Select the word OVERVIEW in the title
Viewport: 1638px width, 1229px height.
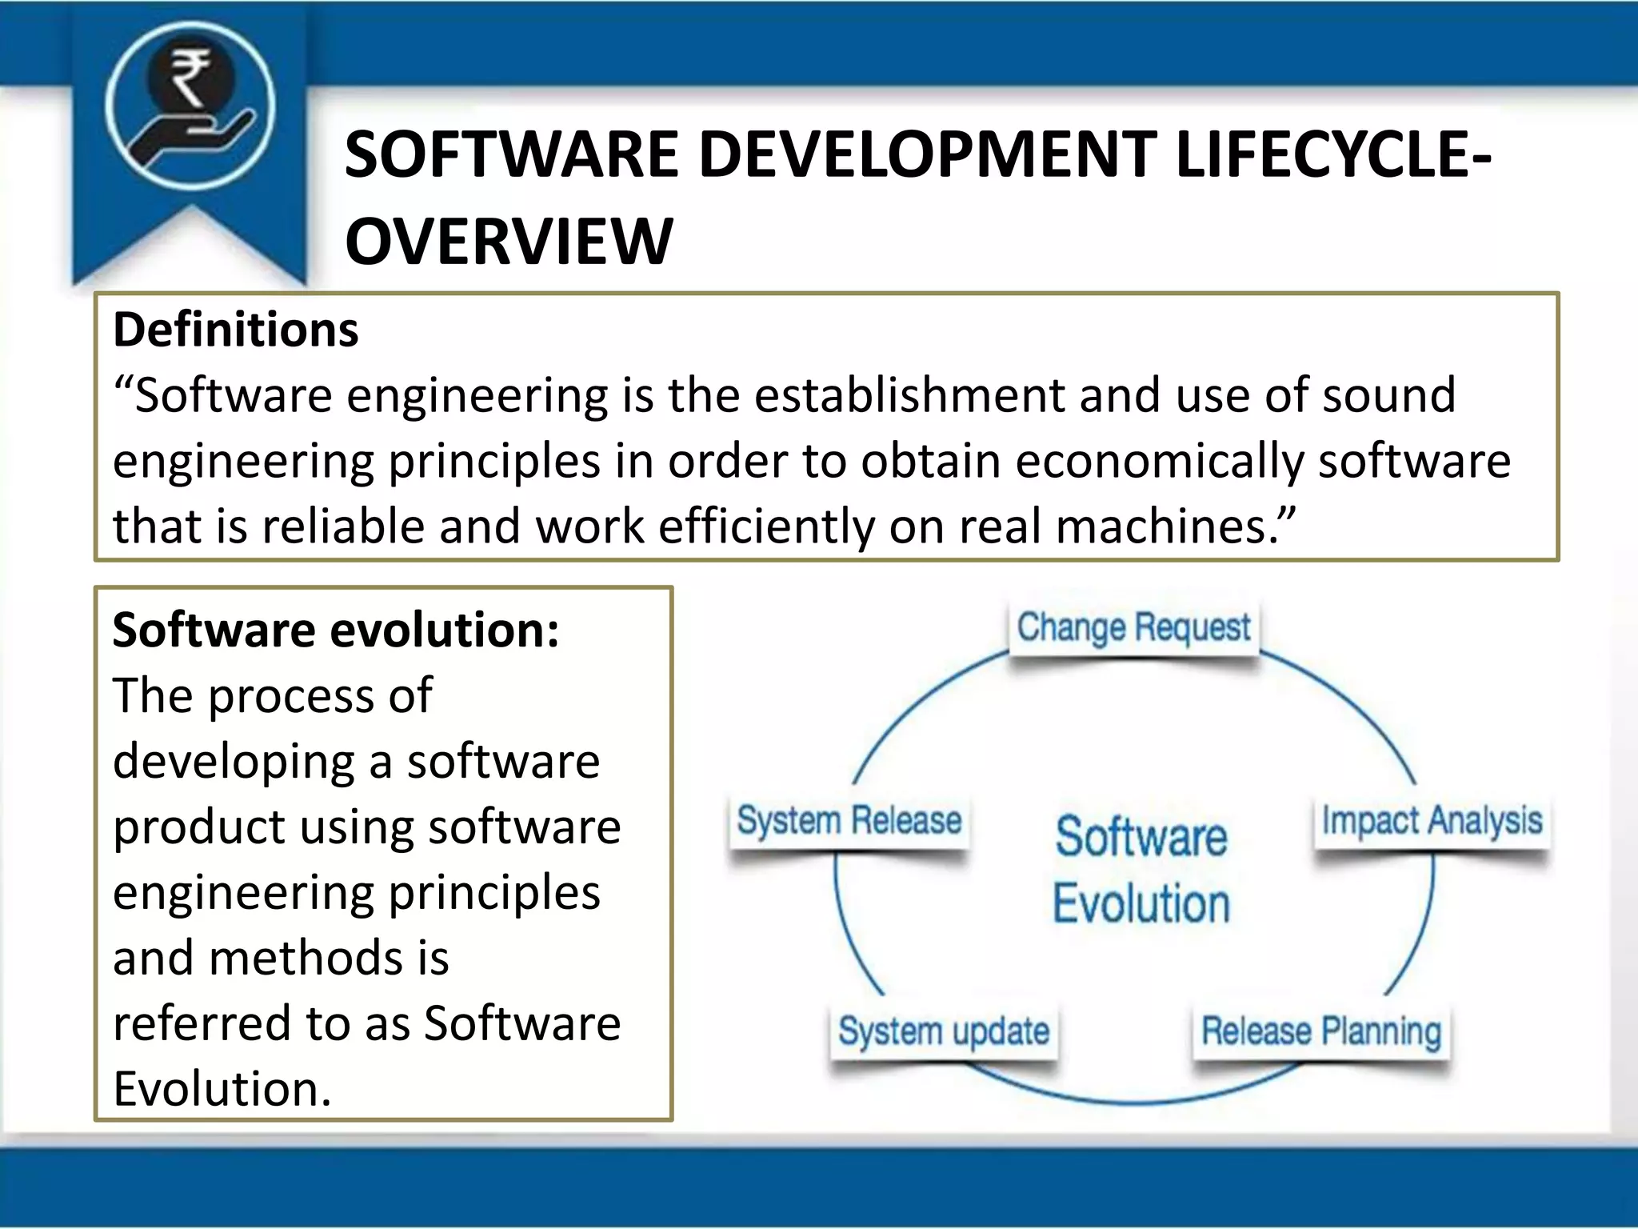pyautogui.click(x=509, y=241)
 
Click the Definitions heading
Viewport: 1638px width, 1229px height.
pyautogui.click(x=236, y=330)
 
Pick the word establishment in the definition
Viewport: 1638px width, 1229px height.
pyautogui.click(x=909, y=395)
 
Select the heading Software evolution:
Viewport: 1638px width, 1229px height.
pyautogui.click(x=336, y=630)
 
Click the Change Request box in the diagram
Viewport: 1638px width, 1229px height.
pyautogui.click(x=1133, y=629)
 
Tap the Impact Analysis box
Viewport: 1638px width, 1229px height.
pyautogui.click(x=1432, y=822)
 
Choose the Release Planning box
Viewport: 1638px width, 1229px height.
pyautogui.click(x=1321, y=1031)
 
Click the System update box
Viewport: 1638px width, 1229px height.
pyautogui.click(x=944, y=1031)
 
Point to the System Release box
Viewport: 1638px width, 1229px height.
pyautogui.click(x=849, y=822)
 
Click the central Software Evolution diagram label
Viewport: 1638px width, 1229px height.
pyautogui.click(x=1141, y=871)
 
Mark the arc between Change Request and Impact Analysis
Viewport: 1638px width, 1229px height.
pyautogui.click(x=1352, y=704)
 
